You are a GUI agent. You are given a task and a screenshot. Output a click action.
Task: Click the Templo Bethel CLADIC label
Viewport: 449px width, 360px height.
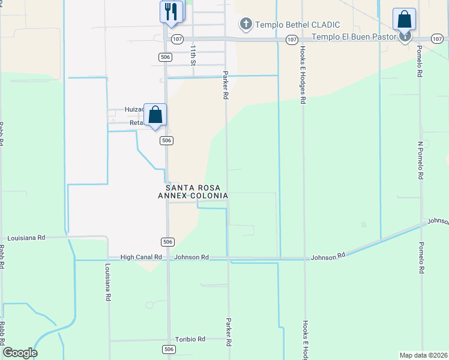(298, 25)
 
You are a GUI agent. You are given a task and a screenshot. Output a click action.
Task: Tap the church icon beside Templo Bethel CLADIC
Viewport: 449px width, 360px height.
(245, 25)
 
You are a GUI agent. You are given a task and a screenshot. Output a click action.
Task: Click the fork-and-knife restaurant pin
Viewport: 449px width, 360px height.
(171, 12)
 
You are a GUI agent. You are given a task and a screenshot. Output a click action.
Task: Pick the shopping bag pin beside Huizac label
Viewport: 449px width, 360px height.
(155, 114)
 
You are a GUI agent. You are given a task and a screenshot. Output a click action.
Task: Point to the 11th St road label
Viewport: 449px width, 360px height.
(193, 55)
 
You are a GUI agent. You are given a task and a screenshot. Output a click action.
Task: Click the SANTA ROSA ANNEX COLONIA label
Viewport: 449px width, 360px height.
(193, 191)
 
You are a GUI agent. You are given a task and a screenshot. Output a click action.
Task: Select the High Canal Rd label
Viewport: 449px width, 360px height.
(141, 257)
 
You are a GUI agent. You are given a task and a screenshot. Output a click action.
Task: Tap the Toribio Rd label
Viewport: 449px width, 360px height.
(190, 339)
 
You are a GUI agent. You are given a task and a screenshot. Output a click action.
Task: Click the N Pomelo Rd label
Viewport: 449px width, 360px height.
(421, 161)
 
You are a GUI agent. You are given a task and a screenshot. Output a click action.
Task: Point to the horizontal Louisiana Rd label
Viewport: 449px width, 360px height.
(25, 238)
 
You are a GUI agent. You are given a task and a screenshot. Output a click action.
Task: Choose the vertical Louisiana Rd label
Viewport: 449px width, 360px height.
(109, 281)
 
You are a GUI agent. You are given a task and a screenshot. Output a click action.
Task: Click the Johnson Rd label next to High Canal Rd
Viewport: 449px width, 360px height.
(191, 257)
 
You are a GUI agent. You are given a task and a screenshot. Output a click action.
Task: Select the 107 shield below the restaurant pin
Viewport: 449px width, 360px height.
(176, 39)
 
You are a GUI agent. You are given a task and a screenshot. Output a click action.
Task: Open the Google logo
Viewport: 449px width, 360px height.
(20, 353)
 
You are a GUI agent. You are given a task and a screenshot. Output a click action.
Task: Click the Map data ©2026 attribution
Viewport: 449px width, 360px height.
(423, 355)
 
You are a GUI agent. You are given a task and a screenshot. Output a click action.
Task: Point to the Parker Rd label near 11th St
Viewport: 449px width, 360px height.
(226, 85)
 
